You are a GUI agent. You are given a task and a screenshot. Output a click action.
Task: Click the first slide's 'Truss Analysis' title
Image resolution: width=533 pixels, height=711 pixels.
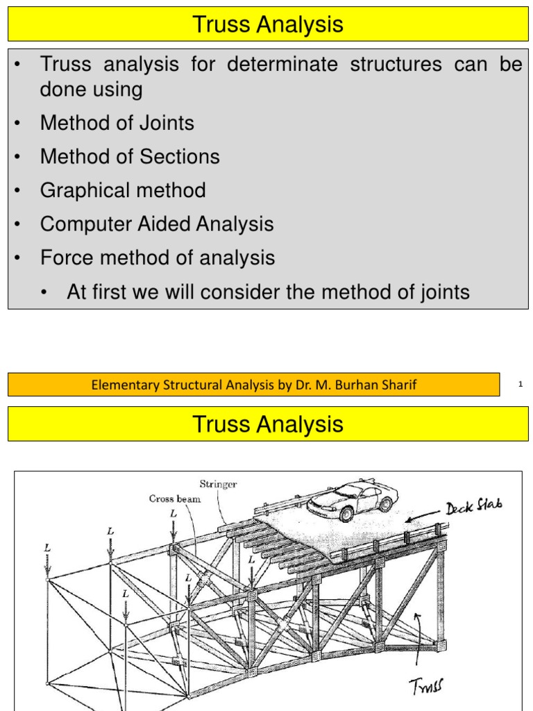[267, 26]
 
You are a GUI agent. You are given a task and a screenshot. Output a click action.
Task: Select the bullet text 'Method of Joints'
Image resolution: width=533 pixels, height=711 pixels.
[117, 124]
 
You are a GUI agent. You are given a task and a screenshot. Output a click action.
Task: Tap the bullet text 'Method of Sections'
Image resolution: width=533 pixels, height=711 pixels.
[130, 157]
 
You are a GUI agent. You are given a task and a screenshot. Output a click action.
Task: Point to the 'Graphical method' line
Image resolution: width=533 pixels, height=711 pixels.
[123, 190]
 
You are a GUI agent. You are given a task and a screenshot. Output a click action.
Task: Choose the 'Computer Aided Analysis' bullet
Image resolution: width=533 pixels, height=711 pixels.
[157, 224]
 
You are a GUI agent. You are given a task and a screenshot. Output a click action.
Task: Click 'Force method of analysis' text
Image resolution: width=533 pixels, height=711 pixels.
[158, 258]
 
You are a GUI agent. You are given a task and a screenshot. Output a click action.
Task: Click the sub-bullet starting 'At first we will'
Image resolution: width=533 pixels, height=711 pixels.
[268, 292]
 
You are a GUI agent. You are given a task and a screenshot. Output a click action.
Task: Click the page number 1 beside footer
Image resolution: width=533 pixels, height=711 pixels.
[520, 384]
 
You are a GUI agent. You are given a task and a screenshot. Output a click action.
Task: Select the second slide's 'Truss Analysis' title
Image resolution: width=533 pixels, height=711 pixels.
[267, 424]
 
